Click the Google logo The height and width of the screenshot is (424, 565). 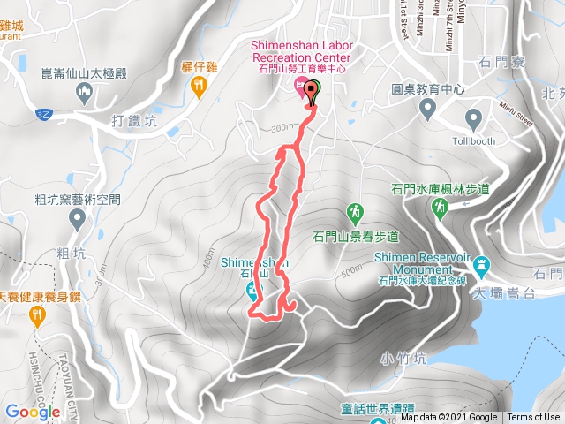[33, 412]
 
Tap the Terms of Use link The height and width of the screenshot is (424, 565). [533, 418]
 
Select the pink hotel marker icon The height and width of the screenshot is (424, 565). [300, 86]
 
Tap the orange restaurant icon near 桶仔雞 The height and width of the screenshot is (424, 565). [199, 86]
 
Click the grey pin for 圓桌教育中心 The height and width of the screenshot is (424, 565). [428, 108]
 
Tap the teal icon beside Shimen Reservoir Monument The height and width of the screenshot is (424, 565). [482, 264]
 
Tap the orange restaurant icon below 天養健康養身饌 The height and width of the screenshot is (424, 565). [38, 319]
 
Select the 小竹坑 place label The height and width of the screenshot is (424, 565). [403, 359]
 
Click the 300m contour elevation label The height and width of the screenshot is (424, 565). [282, 128]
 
